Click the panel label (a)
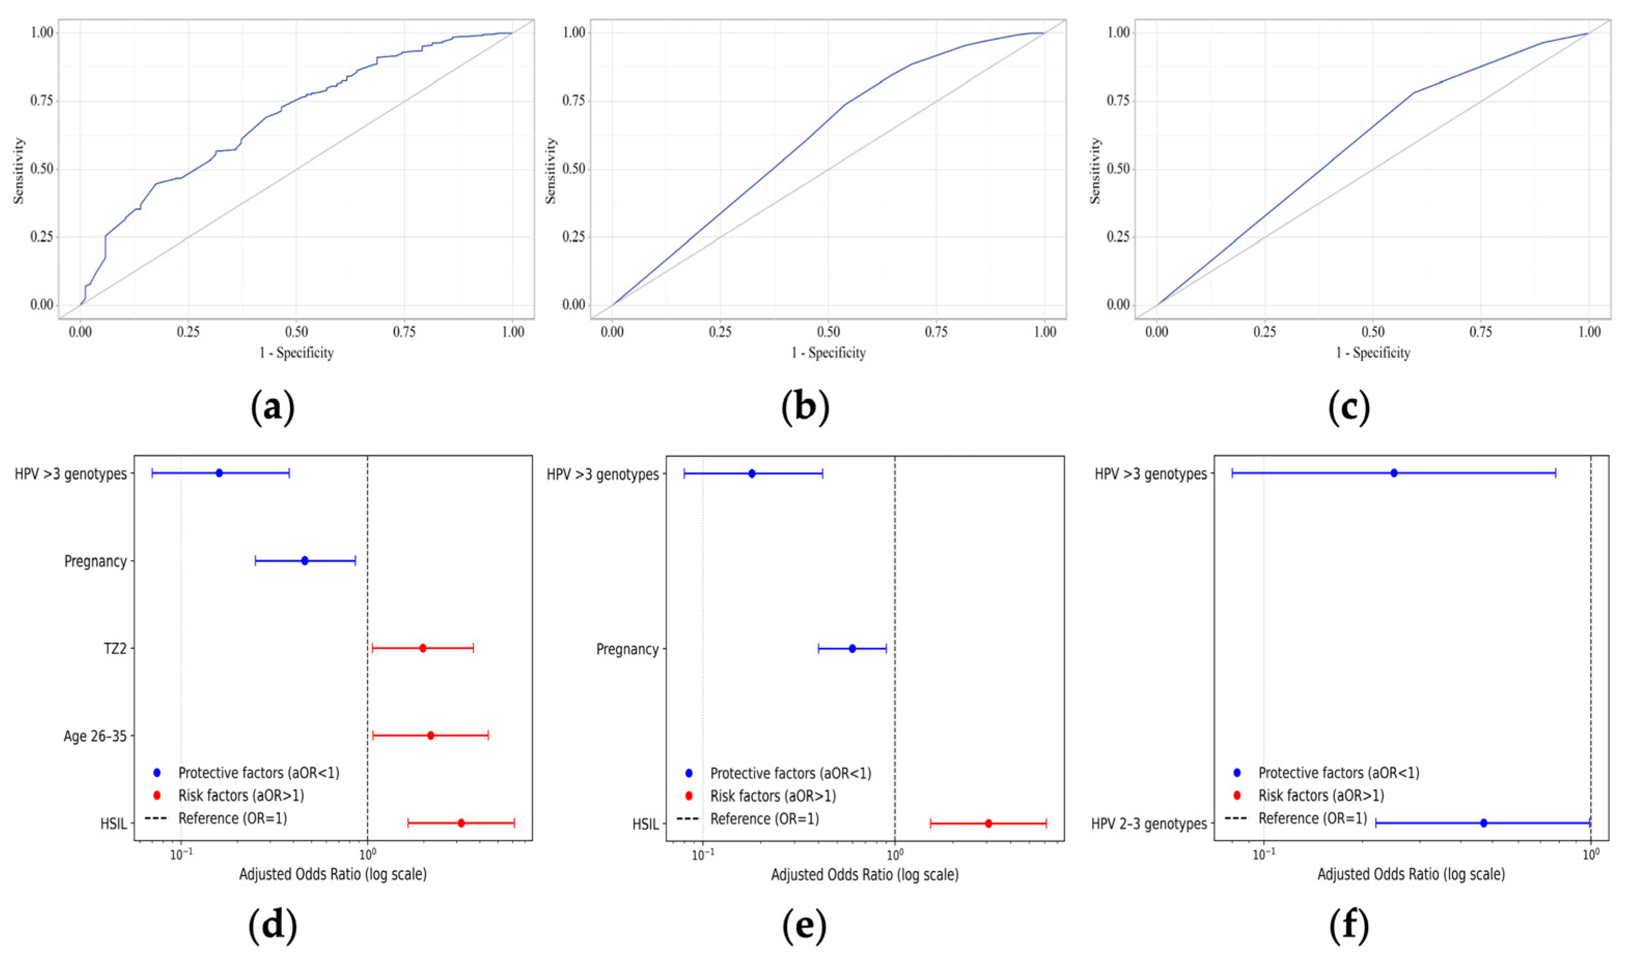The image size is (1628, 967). (272, 408)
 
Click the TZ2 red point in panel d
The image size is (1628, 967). (422, 648)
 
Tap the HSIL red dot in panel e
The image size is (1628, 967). (988, 824)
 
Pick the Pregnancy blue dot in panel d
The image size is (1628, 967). (304, 560)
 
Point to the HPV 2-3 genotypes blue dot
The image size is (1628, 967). (1483, 823)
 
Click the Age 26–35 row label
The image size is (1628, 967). (95, 736)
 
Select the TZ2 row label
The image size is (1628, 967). (115, 649)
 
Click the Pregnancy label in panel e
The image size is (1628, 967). (627, 650)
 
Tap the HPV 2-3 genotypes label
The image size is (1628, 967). (1149, 824)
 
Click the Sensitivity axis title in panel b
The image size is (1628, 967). (551, 170)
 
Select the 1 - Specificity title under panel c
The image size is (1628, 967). (1373, 353)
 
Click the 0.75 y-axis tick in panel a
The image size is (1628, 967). (42, 101)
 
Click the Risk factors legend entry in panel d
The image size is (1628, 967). (228, 796)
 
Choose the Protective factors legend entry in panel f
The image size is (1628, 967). (1326, 773)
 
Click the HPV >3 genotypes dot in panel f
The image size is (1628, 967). (1394, 473)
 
